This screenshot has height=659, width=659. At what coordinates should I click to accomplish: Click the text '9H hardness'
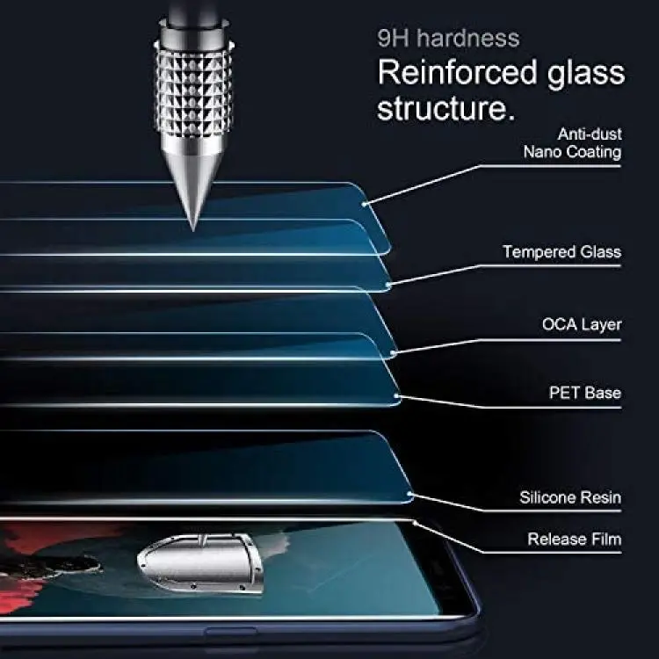click(448, 39)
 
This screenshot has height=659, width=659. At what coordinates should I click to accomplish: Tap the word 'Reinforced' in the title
click(457, 72)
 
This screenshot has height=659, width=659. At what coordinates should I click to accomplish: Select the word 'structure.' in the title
click(445, 108)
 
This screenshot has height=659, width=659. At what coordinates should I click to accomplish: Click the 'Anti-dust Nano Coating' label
click(572, 143)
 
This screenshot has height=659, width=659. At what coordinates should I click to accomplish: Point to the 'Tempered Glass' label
click(562, 252)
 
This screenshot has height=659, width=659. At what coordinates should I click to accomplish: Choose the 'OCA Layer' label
click(582, 324)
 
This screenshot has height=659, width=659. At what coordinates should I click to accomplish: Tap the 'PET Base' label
click(585, 393)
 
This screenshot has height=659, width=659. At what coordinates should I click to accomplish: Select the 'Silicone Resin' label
click(570, 497)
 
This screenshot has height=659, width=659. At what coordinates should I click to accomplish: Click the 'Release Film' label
click(575, 539)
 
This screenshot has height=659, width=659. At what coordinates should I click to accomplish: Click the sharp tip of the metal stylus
click(193, 230)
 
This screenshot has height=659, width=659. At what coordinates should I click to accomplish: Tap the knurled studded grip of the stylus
click(194, 90)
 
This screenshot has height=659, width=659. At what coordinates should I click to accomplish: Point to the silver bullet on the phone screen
click(200, 562)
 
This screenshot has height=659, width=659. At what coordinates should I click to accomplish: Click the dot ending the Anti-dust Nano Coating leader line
click(364, 204)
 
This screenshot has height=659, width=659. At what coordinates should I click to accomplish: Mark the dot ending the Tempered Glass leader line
click(388, 286)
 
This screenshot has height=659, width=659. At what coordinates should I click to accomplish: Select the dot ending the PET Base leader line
click(396, 396)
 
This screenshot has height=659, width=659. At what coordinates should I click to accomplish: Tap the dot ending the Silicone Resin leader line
click(409, 494)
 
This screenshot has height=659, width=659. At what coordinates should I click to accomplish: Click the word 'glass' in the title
click(586, 75)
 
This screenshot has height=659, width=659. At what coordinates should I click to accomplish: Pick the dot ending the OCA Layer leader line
click(394, 353)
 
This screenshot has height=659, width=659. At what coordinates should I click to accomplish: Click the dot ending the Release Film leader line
click(414, 524)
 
